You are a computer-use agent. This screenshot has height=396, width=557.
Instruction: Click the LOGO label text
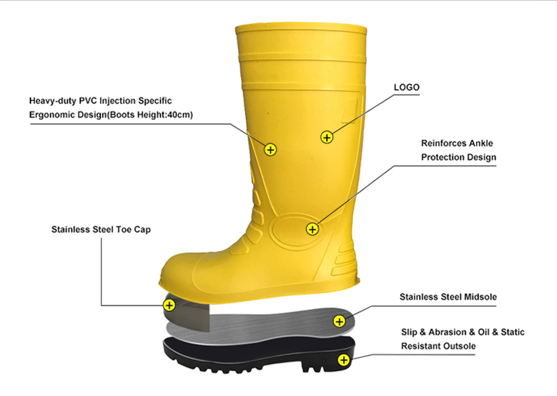(x=407, y=88)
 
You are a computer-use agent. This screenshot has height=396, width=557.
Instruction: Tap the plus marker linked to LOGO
(x=327, y=137)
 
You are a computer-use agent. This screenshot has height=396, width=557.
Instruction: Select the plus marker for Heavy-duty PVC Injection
(x=271, y=150)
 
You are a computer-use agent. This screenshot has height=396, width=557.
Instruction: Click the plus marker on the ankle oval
(x=312, y=229)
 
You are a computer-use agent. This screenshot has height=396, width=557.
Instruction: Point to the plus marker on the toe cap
(x=169, y=305)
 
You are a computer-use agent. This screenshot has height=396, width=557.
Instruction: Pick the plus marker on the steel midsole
(x=340, y=322)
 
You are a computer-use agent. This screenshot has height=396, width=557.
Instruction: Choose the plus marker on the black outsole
(x=343, y=361)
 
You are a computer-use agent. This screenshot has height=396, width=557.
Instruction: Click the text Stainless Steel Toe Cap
(x=101, y=230)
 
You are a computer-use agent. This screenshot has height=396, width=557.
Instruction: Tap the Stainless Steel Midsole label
(x=448, y=297)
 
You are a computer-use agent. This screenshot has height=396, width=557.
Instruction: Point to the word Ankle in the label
(x=481, y=143)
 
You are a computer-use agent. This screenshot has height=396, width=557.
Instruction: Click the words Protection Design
(x=459, y=157)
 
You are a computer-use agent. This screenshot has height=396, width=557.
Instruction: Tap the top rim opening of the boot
(x=301, y=29)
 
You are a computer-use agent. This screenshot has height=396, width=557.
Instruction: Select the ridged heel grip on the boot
(x=344, y=260)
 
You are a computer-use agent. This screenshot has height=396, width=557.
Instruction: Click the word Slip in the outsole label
(x=409, y=333)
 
